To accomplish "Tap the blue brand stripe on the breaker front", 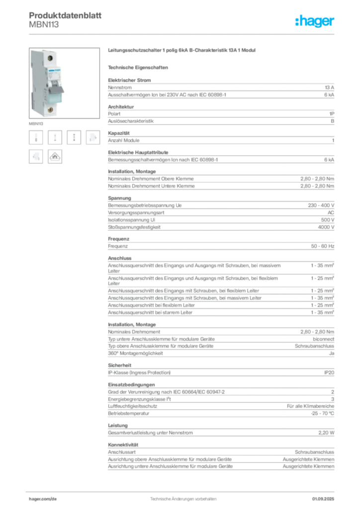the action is (55, 71).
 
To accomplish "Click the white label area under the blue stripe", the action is (55, 78).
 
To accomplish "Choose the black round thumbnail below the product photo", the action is (55, 157).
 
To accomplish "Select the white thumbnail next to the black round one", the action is (36, 157).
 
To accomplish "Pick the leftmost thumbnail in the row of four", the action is (36, 138).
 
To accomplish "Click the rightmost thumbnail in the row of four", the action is (92, 138).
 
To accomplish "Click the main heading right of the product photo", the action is (183, 51).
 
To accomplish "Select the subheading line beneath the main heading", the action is (140, 67).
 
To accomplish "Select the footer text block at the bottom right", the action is (326, 497).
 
